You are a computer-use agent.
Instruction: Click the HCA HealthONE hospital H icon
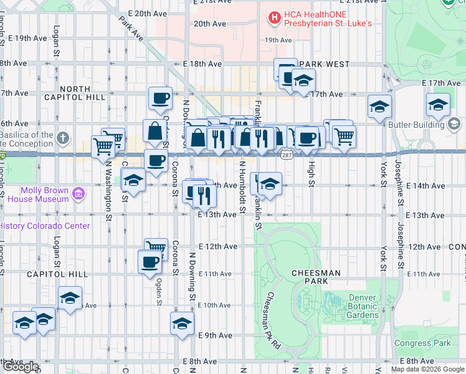(273, 18)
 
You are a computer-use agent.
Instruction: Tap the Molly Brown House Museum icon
(78, 194)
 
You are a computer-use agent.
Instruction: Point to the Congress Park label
(422, 343)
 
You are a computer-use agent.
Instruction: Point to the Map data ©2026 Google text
(427, 369)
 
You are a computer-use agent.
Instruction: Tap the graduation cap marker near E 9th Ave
(182, 324)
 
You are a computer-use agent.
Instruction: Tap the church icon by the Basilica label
(63, 137)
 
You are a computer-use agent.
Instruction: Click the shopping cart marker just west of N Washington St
(102, 147)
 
